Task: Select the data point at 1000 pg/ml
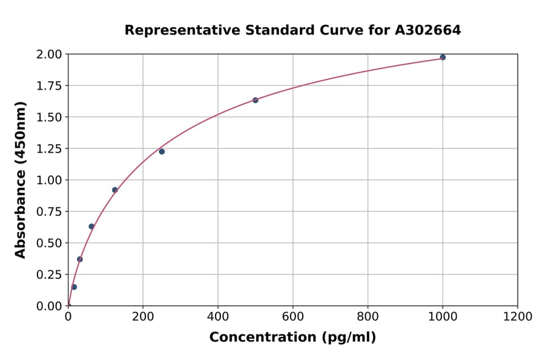(x=443, y=58)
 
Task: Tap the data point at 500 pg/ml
(x=256, y=100)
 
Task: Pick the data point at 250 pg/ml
(x=162, y=152)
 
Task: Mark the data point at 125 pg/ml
(x=115, y=190)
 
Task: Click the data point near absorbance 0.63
(x=91, y=227)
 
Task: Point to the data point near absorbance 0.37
(x=80, y=259)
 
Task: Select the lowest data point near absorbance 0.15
(x=74, y=287)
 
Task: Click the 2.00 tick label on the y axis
(x=49, y=55)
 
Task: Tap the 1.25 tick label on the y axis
(x=49, y=149)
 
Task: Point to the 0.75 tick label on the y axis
(x=49, y=212)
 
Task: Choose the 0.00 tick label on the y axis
(x=49, y=306)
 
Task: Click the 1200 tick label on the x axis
(x=517, y=317)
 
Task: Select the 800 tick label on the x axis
(x=368, y=317)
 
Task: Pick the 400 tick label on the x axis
(x=218, y=317)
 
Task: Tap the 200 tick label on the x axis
(x=143, y=317)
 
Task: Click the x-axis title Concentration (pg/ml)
(x=292, y=338)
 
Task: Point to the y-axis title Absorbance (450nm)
(x=21, y=180)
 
